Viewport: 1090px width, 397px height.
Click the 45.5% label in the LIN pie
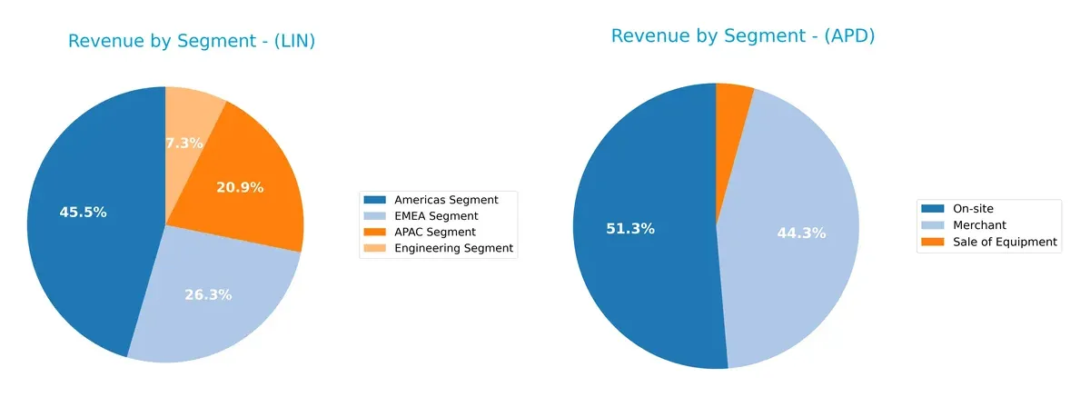pos(83,213)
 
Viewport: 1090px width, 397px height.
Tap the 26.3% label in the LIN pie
pos(208,295)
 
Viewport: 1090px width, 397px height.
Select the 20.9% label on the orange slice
pos(240,188)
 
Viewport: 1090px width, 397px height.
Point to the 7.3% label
pos(184,144)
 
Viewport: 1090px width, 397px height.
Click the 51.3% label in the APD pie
pos(630,229)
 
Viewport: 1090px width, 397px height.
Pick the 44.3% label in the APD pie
pos(801,233)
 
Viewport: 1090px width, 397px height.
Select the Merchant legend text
pos(980,224)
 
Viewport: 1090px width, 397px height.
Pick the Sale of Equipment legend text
pos(1005,242)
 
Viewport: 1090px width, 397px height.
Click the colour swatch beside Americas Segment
pos(373,199)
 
